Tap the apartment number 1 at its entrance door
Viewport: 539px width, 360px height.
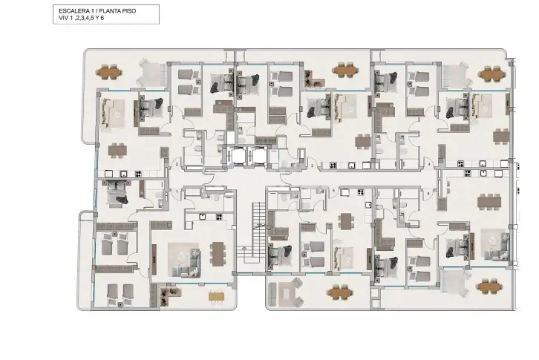click(177, 192)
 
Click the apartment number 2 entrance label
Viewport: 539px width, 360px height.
click(177, 164)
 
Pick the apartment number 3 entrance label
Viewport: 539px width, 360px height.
click(312, 166)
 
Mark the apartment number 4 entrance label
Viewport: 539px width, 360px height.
click(429, 164)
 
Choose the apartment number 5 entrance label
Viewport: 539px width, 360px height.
click(428, 194)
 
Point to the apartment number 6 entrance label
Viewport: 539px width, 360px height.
click(333, 191)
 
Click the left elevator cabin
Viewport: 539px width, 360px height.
click(238, 156)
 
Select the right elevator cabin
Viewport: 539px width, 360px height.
click(258, 156)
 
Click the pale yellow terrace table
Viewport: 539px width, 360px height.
click(217, 296)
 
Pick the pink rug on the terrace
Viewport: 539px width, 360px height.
click(286, 293)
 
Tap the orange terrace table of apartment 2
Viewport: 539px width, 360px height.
click(109, 72)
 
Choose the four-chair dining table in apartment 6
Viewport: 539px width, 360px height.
click(346, 221)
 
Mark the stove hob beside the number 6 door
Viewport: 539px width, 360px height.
click(361, 192)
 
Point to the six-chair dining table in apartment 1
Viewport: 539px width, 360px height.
click(218, 254)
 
